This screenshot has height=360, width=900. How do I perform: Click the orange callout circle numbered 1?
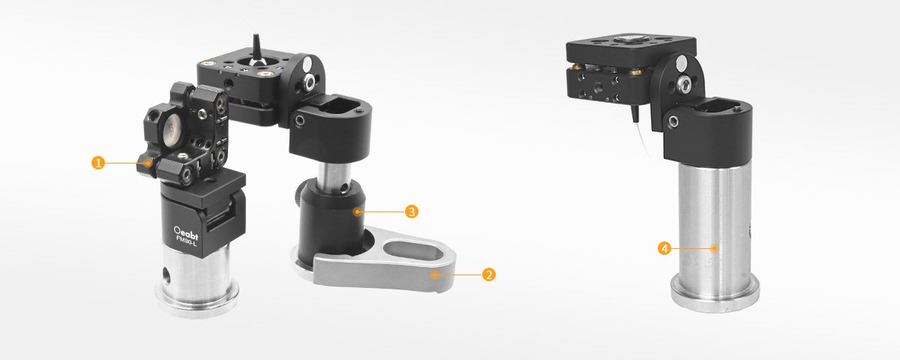(x=98, y=163)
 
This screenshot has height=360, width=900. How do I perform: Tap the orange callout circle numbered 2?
(x=488, y=274)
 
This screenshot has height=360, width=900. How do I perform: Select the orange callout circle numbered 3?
(x=412, y=211)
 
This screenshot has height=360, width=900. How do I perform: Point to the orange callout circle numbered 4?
(x=664, y=248)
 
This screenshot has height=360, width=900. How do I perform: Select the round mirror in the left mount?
(x=172, y=127)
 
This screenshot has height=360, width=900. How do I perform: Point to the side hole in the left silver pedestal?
(x=166, y=274)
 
